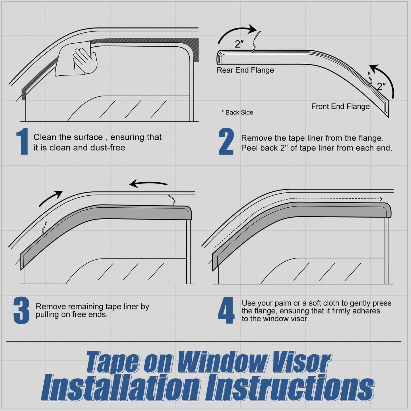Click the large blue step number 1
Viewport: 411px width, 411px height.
tap(22, 142)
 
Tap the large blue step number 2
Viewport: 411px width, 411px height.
tap(226, 142)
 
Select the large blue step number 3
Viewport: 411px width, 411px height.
tap(21, 311)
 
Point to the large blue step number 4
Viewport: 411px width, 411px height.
tap(226, 311)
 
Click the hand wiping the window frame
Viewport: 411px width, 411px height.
tap(85, 59)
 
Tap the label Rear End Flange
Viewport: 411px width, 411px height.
tap(245, 70)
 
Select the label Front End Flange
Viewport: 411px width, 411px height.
tap(340, 107)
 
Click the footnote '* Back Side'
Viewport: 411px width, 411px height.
tap(237, 113)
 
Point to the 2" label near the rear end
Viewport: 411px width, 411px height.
tap(239, 44)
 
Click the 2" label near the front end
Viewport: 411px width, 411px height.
tap(381, 86)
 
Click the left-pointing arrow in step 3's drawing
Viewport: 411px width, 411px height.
tap(148, 184)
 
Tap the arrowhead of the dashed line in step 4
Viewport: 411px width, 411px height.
tap(381, 199)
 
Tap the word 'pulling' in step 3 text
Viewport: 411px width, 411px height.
tap(47, 315)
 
